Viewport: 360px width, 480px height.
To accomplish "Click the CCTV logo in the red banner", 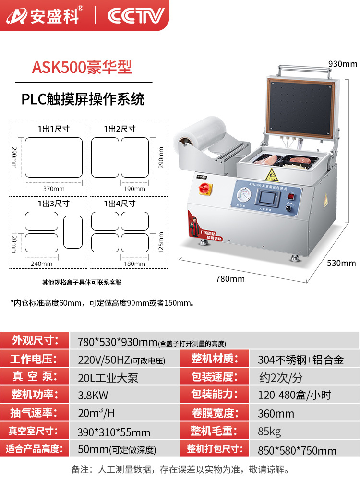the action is (x=136, y=16).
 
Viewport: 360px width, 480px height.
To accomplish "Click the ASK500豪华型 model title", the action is (x=82, y=67).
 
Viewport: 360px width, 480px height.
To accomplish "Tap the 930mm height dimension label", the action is (x=343, y=64).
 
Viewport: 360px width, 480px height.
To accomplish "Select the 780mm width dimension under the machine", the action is (x=230, y=279).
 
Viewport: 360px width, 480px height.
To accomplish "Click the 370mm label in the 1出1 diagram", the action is (x=54, y=189).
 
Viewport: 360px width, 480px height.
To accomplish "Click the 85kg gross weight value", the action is (x=269, y=431).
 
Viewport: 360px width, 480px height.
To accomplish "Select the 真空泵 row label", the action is (x=35, y=377).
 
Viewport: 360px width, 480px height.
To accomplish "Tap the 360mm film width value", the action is (x=276, y=413).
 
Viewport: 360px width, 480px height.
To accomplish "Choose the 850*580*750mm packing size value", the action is (x=297, y=450).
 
